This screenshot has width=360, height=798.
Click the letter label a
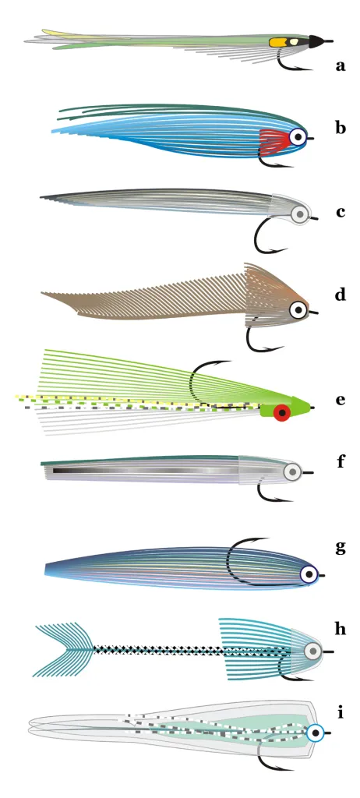click(341, 65)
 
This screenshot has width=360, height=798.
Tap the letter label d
click(341, 294)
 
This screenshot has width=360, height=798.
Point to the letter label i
click(340, 712)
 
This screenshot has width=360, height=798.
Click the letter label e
click(341, 400)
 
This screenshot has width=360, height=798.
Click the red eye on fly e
click(281, 413)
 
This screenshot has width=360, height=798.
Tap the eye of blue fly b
click(298, 136)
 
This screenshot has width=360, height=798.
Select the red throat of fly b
click(275, 140)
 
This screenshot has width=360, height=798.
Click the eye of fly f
click(292, 472)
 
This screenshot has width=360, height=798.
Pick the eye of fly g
click(309, 574)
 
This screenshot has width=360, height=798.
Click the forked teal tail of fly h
click(65, 649)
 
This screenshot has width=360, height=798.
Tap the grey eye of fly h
click(313, 651)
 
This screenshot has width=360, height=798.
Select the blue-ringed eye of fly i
click(316, 733)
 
